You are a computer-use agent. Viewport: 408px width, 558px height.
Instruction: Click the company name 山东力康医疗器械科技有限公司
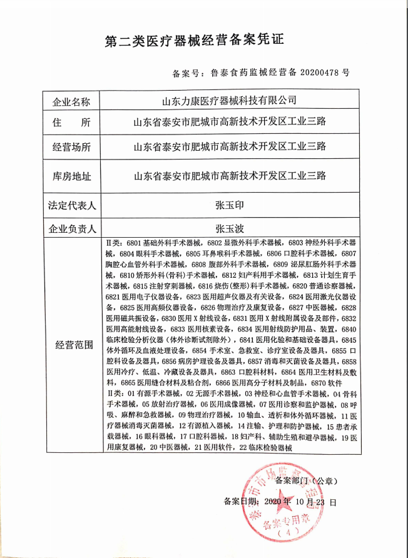click(x=230, y=101)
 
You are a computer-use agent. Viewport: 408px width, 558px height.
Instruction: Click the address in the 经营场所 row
click(x=230, y=148)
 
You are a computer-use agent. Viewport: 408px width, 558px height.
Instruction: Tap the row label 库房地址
click(x=71, y=176)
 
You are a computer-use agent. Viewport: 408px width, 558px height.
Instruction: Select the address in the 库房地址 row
click(x=230, y=176)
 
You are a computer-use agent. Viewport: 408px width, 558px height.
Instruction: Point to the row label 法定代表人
click(x=71, y=205)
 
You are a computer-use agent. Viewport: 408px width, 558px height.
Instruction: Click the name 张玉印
click(x=230, y=205)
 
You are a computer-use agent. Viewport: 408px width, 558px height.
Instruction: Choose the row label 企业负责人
click(x=71, y=228)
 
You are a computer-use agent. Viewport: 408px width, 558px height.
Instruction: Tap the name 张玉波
click(x=230, y=228)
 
